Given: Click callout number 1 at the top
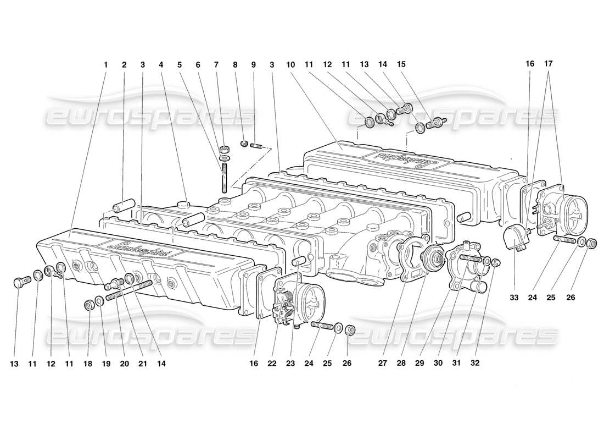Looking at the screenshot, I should pyautogui.click(x=106, y=64).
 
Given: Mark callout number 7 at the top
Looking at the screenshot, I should pyautogui.click(x=217, y=64).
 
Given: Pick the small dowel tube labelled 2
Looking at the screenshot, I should pyautogui.click(x=124, y=208).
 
